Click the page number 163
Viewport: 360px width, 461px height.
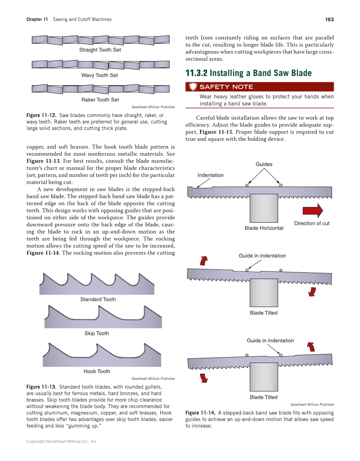[329, 20]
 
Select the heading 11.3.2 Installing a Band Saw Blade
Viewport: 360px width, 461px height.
[248, 73]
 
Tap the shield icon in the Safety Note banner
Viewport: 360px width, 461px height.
[193, 87]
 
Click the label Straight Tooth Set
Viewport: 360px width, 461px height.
[100, 50]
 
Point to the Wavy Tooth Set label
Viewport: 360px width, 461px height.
[100, 75]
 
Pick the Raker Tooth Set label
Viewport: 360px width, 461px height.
[100, 100]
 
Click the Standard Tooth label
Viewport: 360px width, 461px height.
[98, 299]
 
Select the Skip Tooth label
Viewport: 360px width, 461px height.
[97, 333]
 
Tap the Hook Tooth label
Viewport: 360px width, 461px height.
[97, 372]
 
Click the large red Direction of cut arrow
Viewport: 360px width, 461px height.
[313, 210]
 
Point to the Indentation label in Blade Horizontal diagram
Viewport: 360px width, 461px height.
[210, 175]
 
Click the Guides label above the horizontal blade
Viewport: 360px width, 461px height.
[264, 165]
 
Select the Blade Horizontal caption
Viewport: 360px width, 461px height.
[264, 228]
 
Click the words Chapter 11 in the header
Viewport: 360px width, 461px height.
[37, 20]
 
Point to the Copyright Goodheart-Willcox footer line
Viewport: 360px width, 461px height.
[62, 441]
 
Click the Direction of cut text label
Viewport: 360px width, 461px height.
[312, 224]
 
